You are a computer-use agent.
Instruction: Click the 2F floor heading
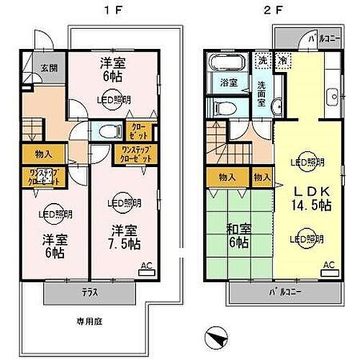tap(266, 12)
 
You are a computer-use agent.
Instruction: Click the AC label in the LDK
tap(328, 265)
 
